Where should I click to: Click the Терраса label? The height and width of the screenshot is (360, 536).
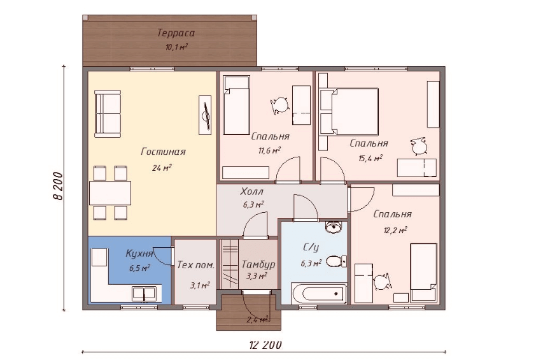tap(176, 33)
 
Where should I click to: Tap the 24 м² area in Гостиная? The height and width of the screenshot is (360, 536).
tap(162, 168)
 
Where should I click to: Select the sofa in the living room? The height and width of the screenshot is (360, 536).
tap(108, 113)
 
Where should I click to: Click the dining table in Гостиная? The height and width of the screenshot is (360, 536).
tap(110, 193)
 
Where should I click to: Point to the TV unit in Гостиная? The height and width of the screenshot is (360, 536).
tap(205, 115)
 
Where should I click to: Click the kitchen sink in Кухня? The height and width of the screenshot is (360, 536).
tap(144, 294)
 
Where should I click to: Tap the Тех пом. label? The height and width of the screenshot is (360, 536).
tap(196, 265)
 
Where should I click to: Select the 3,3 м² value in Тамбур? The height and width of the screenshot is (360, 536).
tap(257, 276)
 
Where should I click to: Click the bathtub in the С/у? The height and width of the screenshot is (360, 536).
tap(319, 293)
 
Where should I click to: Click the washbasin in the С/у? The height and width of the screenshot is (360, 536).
tap(333, 227)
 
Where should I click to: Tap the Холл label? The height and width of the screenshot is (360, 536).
tap(252, 191)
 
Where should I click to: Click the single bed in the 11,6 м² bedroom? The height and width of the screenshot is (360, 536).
tap(236, 105)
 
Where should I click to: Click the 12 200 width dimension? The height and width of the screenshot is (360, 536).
tap(265, 345)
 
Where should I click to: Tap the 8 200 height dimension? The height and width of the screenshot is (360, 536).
tap(59, 186)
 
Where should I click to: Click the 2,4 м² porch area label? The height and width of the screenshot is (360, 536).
tap(257, 320)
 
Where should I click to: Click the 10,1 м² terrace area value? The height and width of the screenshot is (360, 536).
tap(177, 47)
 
